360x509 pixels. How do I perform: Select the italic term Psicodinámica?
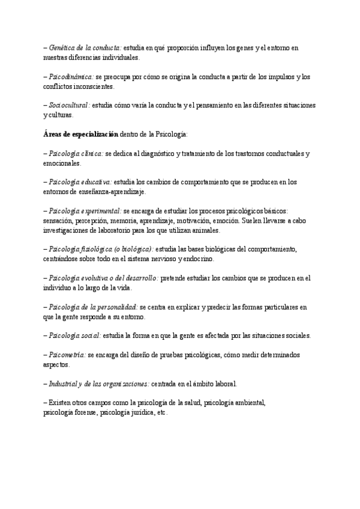[x=71, y=76]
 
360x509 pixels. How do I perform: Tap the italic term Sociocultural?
[x=69, y=105]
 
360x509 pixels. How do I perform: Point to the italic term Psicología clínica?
[x=76, y=154]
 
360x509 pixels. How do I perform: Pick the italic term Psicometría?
[x=68, y=355]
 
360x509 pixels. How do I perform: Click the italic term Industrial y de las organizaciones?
[x=99, y=384]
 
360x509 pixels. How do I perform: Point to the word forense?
[x=85, y=413]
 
